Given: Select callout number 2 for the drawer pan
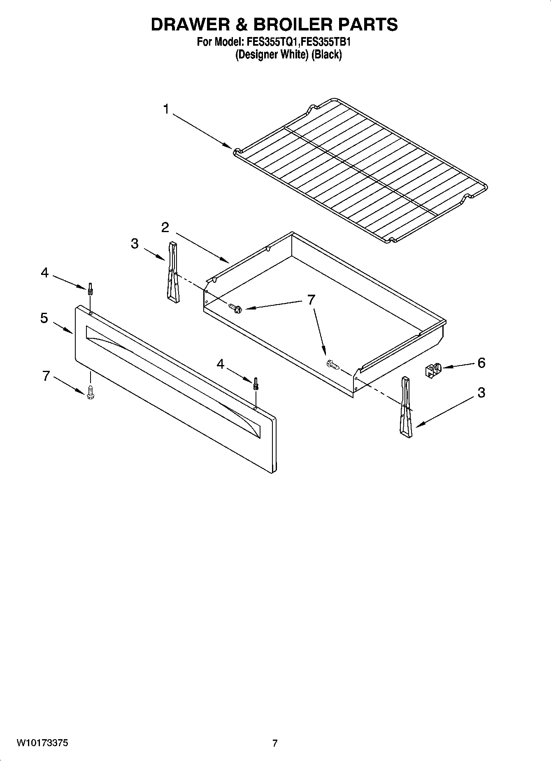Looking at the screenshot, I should click(165, 227).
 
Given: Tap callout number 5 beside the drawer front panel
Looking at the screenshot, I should click(44, 318).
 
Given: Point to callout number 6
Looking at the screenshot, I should click(481, 363).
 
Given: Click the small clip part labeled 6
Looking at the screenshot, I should click(432, 370).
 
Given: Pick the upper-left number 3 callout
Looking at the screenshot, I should click(135, 244).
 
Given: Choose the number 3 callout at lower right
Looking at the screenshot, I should click(481, 393).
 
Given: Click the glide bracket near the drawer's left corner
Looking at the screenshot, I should click(173, 273).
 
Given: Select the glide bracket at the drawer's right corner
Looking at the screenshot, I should click(405, 406).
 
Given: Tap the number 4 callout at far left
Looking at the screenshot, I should click(44, 272).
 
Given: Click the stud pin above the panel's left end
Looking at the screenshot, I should click(90, 289).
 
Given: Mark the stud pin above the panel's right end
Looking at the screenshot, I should click(256, 384).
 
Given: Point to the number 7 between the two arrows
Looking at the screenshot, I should click(311, 300).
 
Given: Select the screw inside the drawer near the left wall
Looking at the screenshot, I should click(236, 308).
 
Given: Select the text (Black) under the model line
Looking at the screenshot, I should click(326, 55).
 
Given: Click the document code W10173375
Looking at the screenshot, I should click(42, 743).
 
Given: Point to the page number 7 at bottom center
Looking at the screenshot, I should click(275, 743).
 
